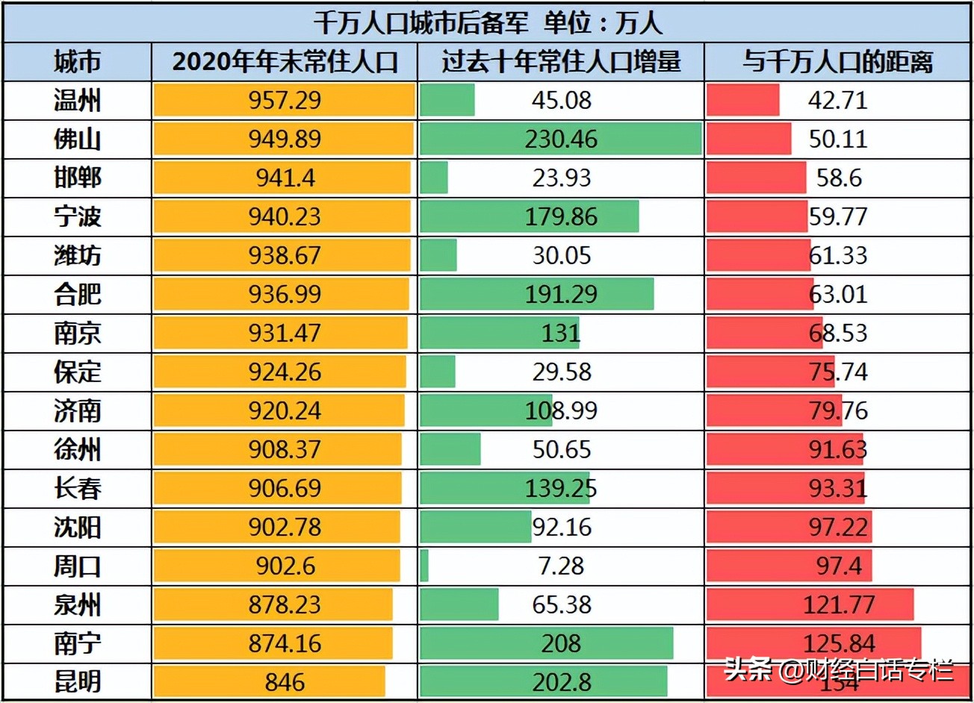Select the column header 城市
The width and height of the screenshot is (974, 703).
point(77,62)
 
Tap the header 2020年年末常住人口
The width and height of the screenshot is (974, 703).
point(285,62)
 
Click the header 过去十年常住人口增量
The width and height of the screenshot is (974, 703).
point(561,62)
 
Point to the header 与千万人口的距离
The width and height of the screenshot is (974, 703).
point(837,62)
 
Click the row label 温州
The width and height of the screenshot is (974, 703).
point(77,101)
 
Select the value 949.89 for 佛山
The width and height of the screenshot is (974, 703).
point(285,140)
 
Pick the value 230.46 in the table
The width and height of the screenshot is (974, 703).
point(561,140)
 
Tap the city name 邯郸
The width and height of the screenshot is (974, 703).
point(77,178)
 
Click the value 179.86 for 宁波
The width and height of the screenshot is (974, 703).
point(561,217)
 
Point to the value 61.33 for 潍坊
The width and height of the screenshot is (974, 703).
point(838,256)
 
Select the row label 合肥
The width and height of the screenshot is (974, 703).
point(77,295)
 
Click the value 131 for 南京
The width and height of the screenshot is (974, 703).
point(561,334)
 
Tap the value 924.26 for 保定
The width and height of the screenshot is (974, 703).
point(285,372)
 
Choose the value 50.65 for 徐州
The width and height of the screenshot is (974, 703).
point(561,450)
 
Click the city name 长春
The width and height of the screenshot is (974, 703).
point(77,489)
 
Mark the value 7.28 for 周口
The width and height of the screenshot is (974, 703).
point(561,566)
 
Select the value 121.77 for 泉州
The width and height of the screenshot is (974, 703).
point(838,605)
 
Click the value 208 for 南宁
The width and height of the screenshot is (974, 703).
point(561,644)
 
